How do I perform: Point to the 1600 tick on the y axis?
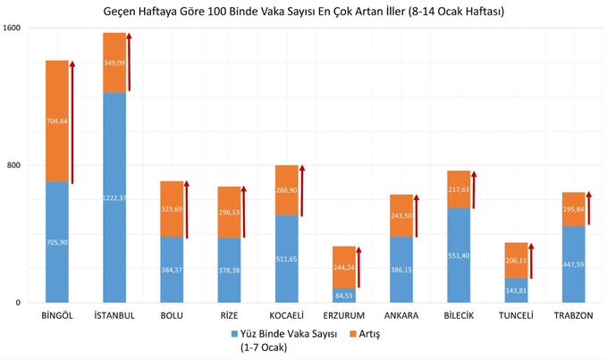(x=13, y=29)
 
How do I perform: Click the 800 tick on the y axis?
(x=15, y=165)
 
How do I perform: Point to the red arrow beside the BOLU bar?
(x=187, y=208)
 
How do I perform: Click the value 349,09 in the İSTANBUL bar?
(x=114, y=63)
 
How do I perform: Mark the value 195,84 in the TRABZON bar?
(x=573, y=209)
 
